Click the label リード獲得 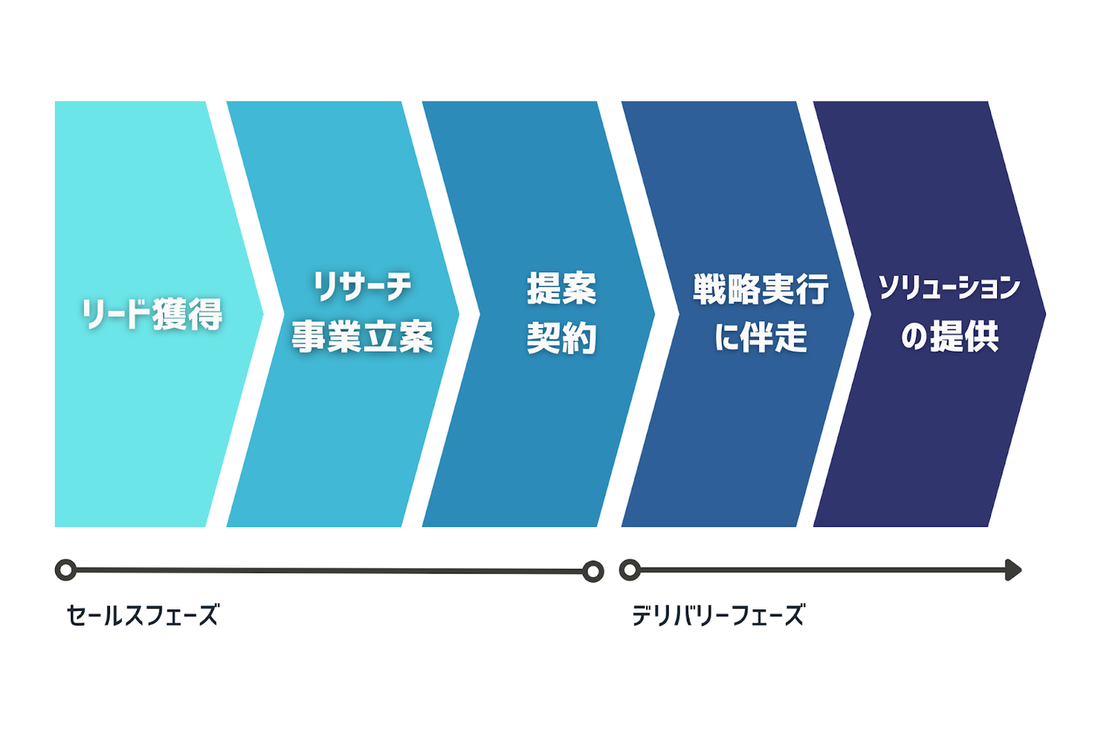(x=152, y=313)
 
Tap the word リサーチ (x=362, y=287)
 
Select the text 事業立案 (x=362, y=336)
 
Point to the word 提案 (x=562, y=288)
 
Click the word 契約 (x=562, y=338)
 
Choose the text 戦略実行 (x=761, y=289)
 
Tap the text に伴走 (x=761, y=337)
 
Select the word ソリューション (x=949, y=288)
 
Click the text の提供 (x=950, y=336)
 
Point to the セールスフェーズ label (x=142, y=615)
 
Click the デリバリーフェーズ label (x=718, y=615)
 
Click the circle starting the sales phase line (x=66, y=570)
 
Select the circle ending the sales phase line (x=593, y=571)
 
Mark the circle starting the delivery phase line (x=630, y=570)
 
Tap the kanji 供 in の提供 (x=982, y=336)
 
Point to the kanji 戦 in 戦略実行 (x=710, y=289)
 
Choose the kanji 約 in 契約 (x=580, y=338)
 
